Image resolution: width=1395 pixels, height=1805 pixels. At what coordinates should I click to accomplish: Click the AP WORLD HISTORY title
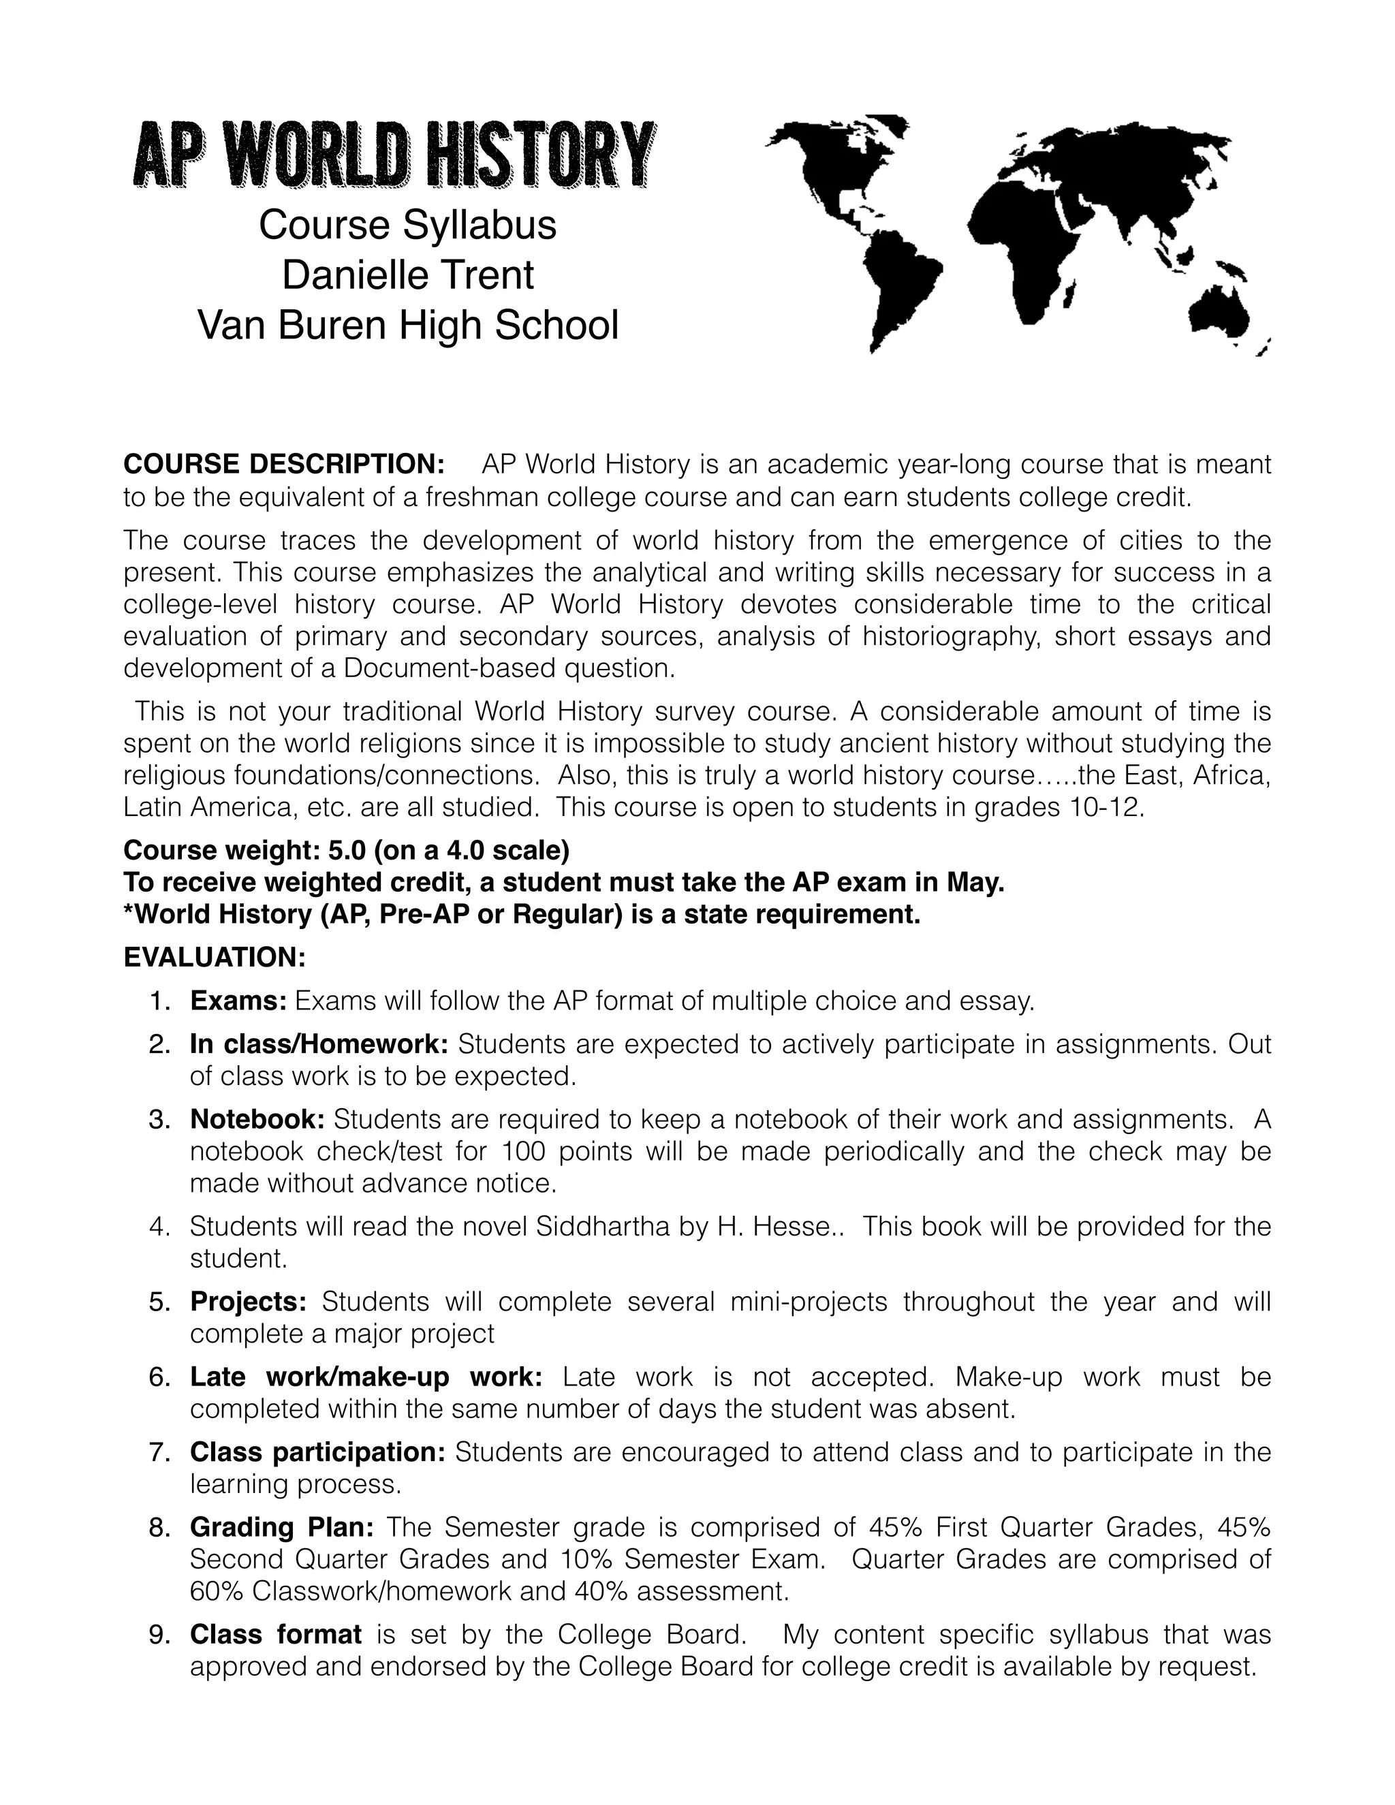(394, 155)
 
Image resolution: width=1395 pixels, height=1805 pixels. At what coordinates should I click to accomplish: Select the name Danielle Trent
(407, 275)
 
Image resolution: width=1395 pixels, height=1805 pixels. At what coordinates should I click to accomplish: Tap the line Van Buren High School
(407, 325)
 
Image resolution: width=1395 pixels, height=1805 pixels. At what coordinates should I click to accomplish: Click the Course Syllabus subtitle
(407, 225)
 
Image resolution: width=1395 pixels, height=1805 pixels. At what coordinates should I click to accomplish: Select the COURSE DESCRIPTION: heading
(284, 465)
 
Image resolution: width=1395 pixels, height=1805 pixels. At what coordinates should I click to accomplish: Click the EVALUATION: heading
(215, 958)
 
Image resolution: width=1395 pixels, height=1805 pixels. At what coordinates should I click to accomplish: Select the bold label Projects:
(248, 1302)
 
